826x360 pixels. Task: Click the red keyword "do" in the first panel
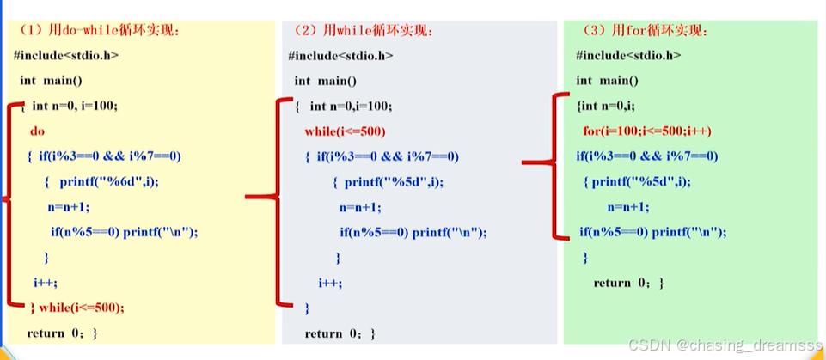37,131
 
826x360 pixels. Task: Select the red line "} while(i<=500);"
77,308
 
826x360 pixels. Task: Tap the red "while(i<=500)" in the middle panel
345,131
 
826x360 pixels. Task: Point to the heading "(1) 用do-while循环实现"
99,30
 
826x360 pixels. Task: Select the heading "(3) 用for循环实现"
646,30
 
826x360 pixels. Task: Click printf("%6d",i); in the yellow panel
109,181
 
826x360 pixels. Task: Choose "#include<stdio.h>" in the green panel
628,55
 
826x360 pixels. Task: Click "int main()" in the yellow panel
51,81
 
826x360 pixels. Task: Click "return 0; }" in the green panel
628,283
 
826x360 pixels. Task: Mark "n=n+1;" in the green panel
628,206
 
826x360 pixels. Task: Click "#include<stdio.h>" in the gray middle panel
341,55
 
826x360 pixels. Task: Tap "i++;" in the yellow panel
46,282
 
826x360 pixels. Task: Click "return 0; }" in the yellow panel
62,333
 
